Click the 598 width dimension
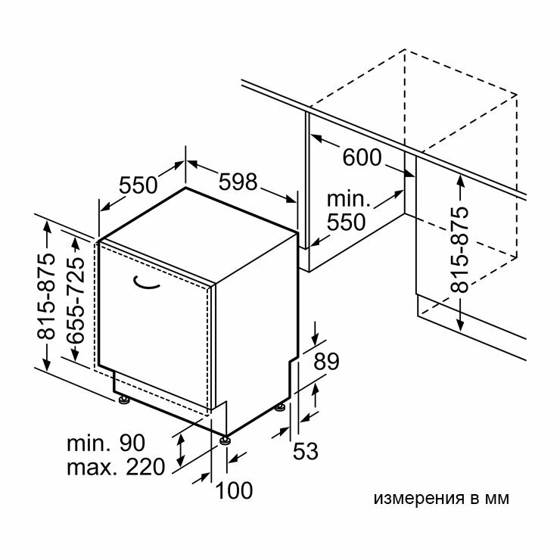(x=238, y=182)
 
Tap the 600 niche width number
(x=362, y=157)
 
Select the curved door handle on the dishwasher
(x=148, y=282)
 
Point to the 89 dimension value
(x=328, y=362)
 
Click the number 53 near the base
(x=305, y=451)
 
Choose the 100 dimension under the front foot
(x=234, y=490)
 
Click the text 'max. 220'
(x=115, y=467)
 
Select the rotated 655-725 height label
(x=74, y=300)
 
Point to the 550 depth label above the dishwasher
(x=138, y=185)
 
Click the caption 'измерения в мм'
(x=441, y=499)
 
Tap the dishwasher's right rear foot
(x=281, y=409)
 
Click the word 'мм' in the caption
(x=498, y=499)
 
